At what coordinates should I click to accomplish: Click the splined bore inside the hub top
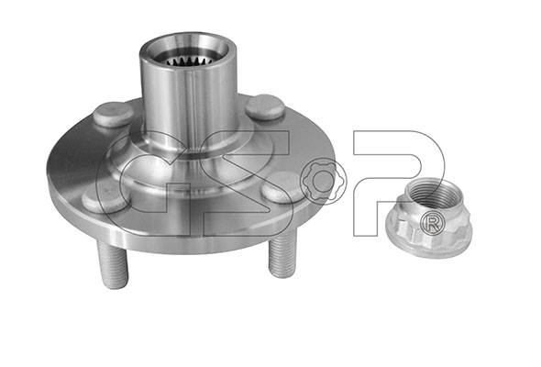pyautogui.click(x=187, y=61)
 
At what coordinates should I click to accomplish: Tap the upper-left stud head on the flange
pyautogui.click(x=113, y=114)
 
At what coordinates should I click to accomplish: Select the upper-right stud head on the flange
pyautogui.click(x=265, y=107)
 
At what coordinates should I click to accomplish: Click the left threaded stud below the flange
pyautogui.click(x=113, y=264)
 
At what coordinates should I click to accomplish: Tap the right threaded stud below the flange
pyautogui.click(x=282, y=254)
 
